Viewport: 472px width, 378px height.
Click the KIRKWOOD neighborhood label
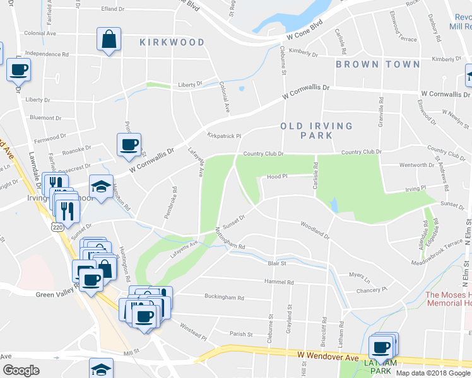click(x=172, y=42)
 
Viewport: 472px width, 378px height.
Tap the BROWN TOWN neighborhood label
click(x=377, y=64)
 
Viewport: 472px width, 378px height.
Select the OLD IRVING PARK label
click(x=316, y=130)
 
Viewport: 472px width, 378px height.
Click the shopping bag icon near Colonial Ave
click(x=109, y=40)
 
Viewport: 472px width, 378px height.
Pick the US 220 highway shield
click(x=58, y=226)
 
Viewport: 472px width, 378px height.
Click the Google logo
click(x=21, y=370)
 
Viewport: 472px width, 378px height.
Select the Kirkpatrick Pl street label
click(x=224, y=135)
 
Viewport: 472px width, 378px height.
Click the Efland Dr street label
click(x=116, y=9)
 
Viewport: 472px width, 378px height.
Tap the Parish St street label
click(x=241, y=334)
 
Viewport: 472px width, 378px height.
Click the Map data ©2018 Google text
click(x=433, y=373)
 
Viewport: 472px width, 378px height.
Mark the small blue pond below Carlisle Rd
click(x=334, y=205)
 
